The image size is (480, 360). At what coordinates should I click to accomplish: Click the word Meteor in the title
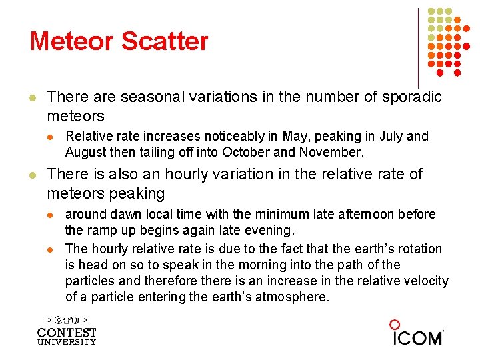(73, 41)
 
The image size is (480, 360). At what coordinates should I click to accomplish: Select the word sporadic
(413, 97)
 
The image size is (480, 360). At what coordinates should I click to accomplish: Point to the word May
(294, 137)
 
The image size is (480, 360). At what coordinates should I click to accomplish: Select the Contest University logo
(67, 331)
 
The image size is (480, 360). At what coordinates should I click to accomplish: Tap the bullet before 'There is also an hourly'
(31, 175)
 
